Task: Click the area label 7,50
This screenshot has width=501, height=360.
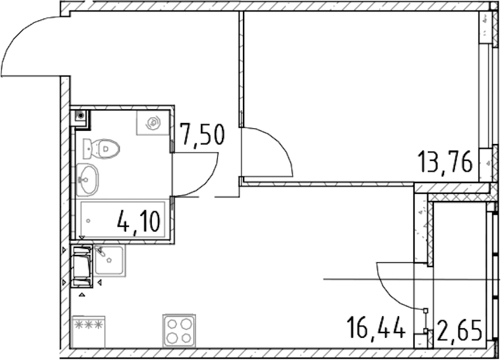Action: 202,135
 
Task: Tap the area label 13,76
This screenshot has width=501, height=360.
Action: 445,162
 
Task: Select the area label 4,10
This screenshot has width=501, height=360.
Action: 139,223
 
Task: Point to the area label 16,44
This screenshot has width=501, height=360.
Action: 377,327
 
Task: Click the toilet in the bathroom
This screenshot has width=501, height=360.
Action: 101,149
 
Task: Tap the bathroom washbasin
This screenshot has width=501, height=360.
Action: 87,179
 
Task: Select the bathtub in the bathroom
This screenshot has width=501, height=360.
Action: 122,220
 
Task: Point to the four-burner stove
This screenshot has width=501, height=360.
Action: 179,331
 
